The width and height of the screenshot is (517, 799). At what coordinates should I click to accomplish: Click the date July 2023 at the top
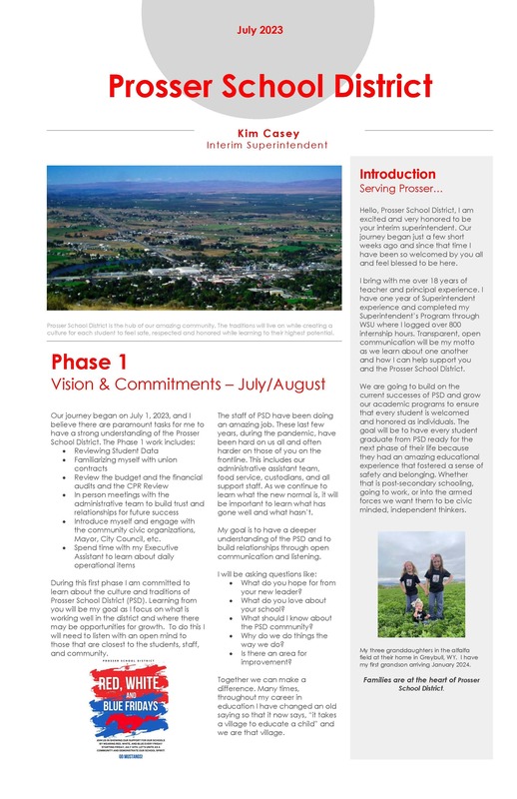[258, 31]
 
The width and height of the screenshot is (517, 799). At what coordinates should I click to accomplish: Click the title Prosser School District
[258, 88]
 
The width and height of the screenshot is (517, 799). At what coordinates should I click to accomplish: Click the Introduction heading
[397, 175]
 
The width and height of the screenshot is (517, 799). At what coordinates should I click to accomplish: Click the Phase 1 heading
[89, 362]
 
